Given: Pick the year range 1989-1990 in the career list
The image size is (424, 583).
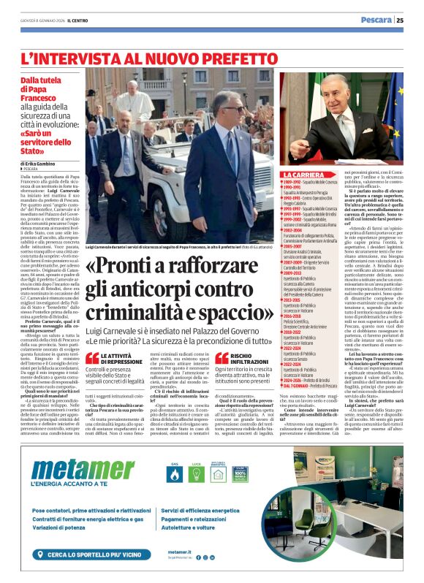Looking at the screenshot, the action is point(294,181).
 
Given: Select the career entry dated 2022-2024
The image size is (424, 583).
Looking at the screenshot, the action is point(295,348).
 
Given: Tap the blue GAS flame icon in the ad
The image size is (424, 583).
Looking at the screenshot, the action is point(174,474).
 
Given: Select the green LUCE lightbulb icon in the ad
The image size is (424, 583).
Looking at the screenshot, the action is point(196,474).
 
